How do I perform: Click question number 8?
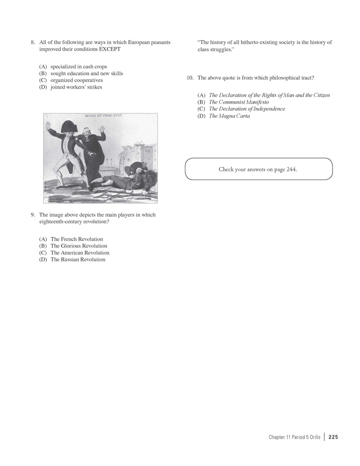(x=33, y=42)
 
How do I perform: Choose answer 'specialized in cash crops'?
(x=78, y=67)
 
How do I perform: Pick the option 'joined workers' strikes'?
(x=76, y=87)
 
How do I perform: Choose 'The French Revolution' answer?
(x=76, y=239)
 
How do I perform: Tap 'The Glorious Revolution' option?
(x=79, y=246)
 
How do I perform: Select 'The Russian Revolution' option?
(x=78, y=259)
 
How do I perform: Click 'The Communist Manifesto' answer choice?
(x=238, y=102)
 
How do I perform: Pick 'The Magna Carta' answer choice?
(x=229, y=116)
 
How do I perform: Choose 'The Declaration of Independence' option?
(x=247, y=109)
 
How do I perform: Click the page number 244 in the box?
(x=291, y=169)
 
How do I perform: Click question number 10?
(x=190, y=78)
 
